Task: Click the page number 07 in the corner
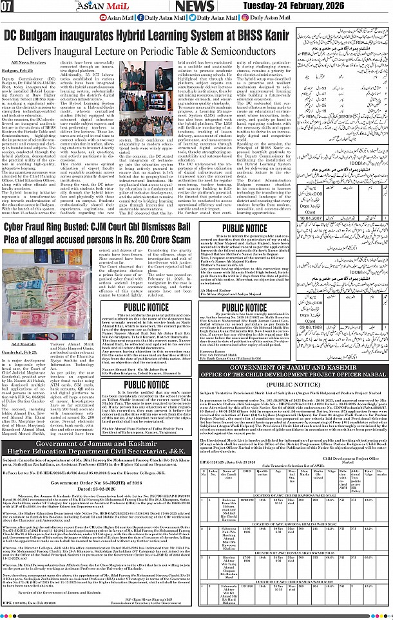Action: pyautogui.click(x=8, y=7)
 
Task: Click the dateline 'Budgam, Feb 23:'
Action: pyautogui.click(x=24, y=71)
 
